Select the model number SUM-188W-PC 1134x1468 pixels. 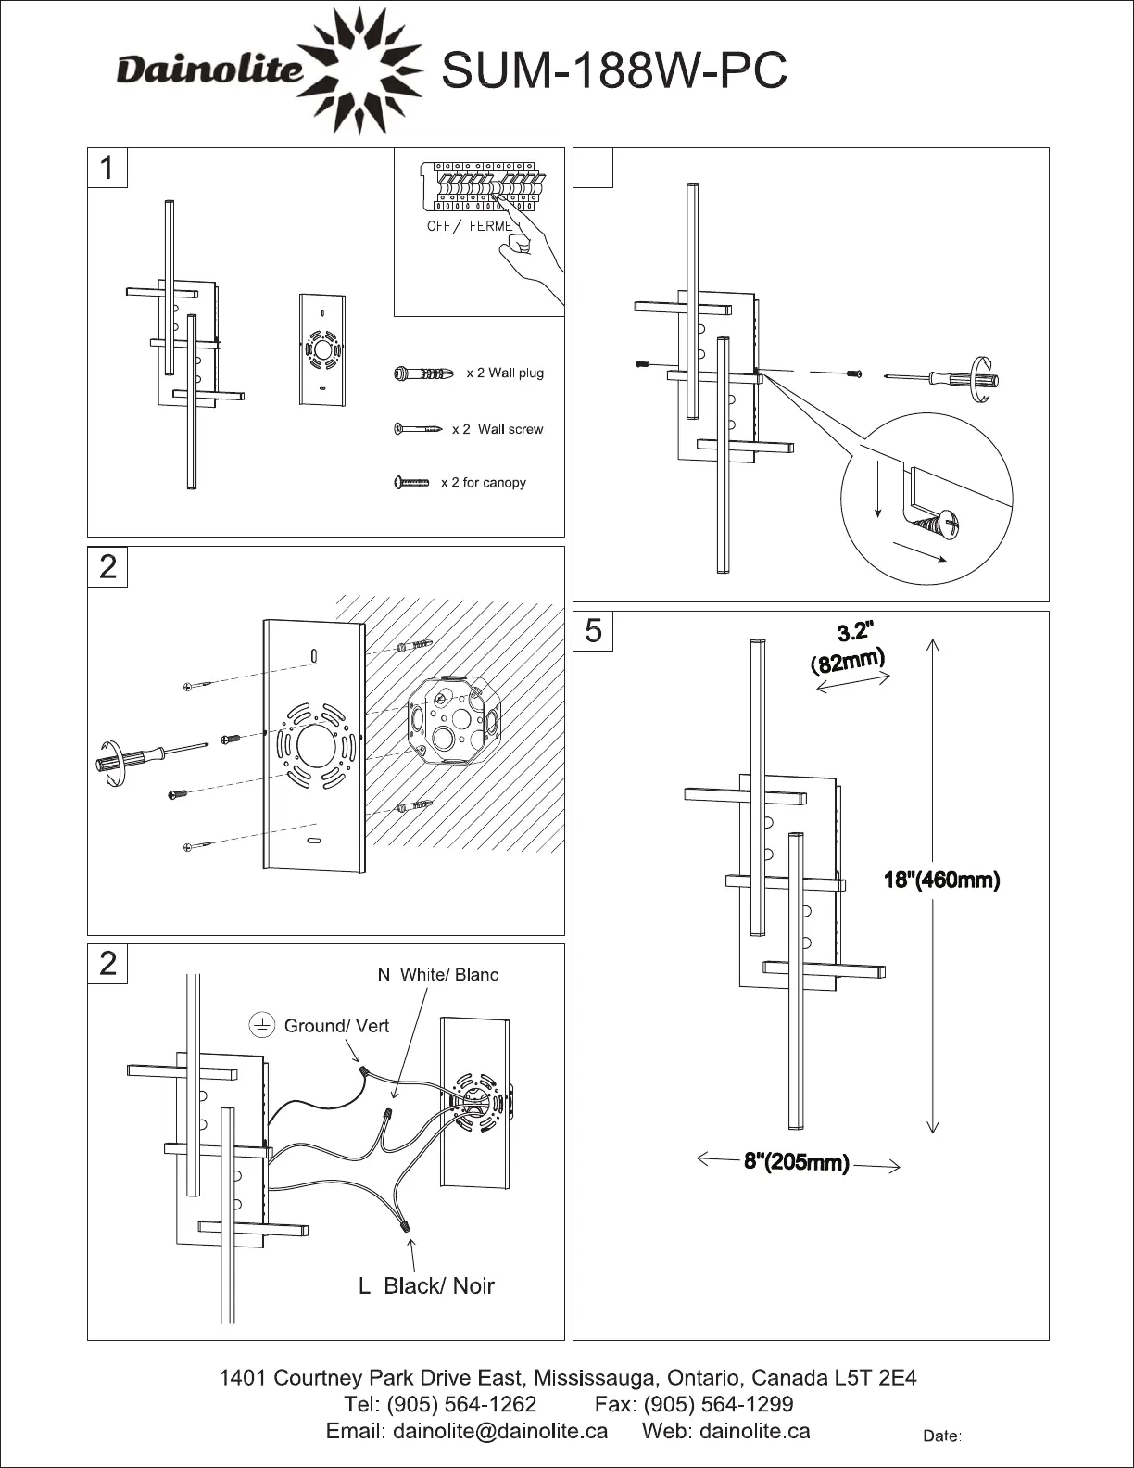click(x=615, y=70)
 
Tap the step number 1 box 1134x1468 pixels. click(x=107, y=169)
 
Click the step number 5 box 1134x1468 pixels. click(x=593, y=631)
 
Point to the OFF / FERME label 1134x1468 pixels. click(x=470, y=227)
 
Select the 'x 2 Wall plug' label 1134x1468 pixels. click(x=504, y=373)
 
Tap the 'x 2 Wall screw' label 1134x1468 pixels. click(x=497, y=429)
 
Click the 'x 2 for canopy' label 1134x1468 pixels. click(x=483, y=482)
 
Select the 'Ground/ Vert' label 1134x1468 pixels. click(x=336, y=1025)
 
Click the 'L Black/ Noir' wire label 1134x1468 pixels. click(x=426, y=1285)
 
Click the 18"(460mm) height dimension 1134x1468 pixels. click(x=941, y=880)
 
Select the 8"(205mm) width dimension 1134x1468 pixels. click(x=797, y=1162)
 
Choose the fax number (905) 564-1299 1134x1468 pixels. click(x=717, y=1404)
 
